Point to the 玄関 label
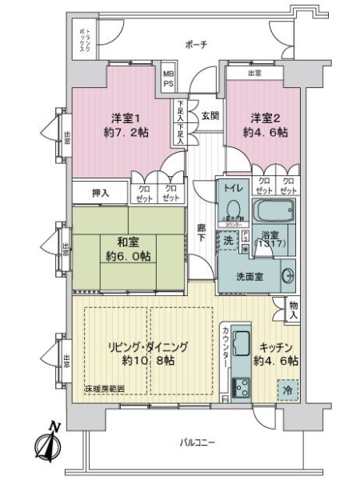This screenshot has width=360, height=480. pyautogui.click(x=210, y=115)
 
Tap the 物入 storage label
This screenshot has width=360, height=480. pyautogui.click(x=293, y=310)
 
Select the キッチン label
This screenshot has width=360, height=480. pyautogui.click(x=276, y=347)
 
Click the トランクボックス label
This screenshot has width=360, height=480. pyautogui.click(x=83, y=39)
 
